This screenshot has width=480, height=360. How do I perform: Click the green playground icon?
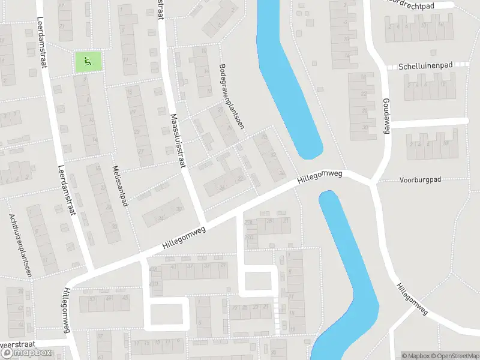pos(88,61)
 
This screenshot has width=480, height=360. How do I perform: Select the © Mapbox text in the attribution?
pos(415,355)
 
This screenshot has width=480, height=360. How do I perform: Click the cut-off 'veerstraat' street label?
pos(18,345)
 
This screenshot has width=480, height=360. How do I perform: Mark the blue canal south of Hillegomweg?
pos(351,270)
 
